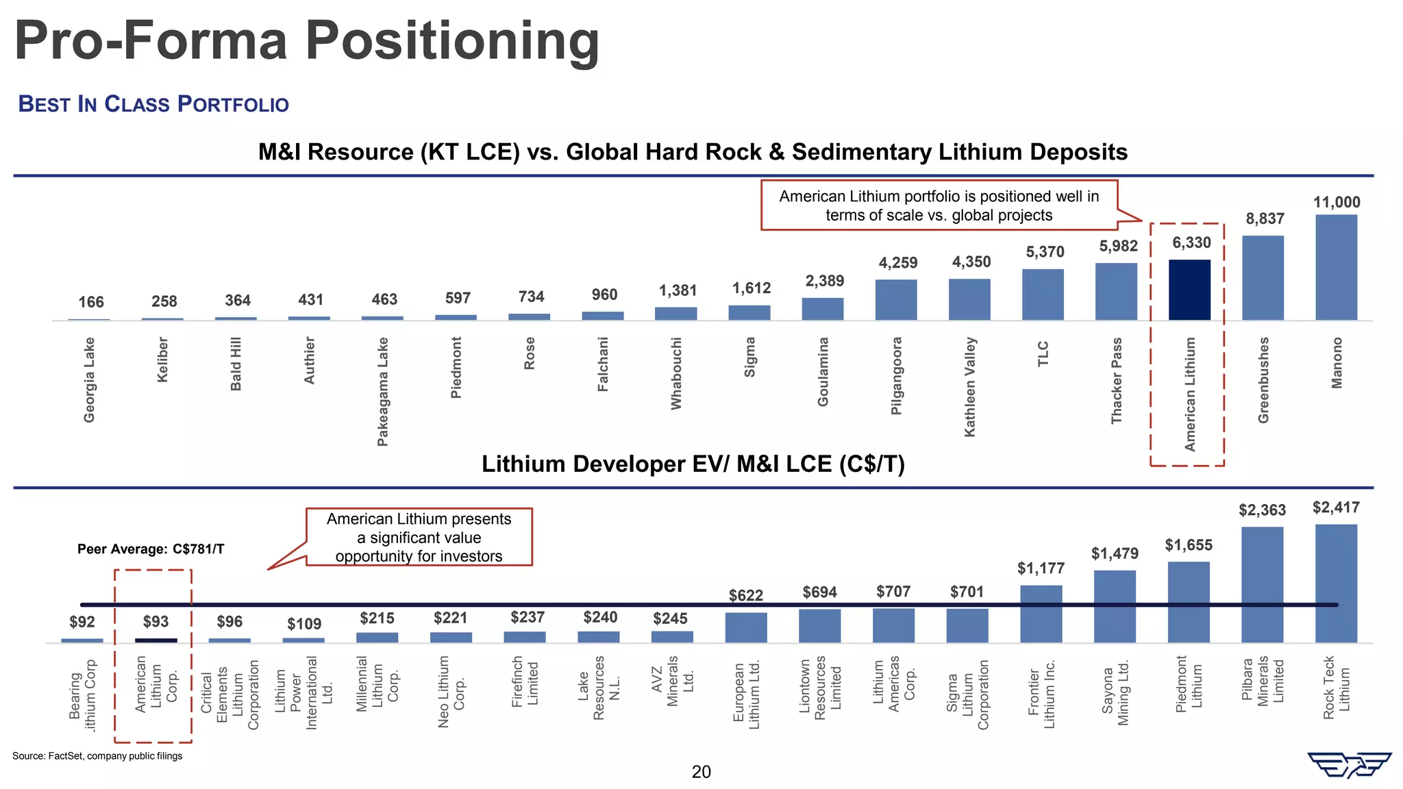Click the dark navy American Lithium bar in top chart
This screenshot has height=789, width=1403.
coord(1189,290)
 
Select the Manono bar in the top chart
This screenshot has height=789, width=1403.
coord(1336,267)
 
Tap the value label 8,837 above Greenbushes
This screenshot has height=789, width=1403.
coord(1265,219)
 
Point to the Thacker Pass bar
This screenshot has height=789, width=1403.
coord(1116,291)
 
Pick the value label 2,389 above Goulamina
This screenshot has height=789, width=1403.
coord(824,281)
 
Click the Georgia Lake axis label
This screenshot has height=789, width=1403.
coord(89,379)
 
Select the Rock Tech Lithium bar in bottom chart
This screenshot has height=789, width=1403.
coord(1336,583)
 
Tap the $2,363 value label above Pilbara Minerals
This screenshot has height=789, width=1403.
coord(1262,510)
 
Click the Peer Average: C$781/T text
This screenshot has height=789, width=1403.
coord(151,549)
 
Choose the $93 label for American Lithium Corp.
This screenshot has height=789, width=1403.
coord(156,622)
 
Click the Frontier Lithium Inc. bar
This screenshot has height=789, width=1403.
coord(1041,614)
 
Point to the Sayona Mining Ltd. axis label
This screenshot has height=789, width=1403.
coord(1115,692)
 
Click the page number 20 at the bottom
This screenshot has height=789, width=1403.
coord(701,772)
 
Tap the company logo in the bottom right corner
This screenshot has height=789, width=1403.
coord(1349,765)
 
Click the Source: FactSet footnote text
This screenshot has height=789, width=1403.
coord(97,756)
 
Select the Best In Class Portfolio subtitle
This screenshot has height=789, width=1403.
coord(153,104)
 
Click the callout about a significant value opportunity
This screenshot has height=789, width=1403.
coord(419,538)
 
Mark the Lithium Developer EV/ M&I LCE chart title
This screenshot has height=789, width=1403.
coord(693,464)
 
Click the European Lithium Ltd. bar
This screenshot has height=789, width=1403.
coord(745,627)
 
